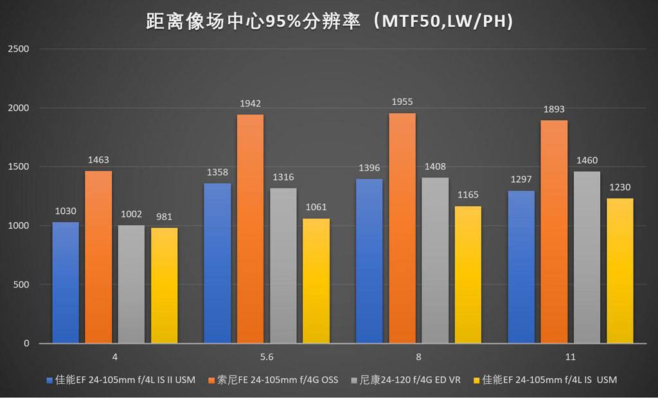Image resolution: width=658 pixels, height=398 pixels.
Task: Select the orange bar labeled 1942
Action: (250, 228)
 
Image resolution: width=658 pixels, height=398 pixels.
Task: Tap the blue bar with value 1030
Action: (66, 283)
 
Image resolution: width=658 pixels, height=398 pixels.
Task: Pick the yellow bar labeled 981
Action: (164, 285)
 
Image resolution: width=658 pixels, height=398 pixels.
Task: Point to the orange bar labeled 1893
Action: (554, 231)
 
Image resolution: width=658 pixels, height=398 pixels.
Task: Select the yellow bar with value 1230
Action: (620, 271)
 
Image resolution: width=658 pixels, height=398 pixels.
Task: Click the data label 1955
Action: (402, 102)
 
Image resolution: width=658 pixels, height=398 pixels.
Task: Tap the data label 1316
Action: (283, 177)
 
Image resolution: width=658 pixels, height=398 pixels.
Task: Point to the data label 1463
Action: (98, 159)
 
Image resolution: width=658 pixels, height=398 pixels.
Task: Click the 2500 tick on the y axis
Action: (20, 49)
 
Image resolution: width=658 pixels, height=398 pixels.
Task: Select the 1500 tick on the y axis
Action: (20, 167)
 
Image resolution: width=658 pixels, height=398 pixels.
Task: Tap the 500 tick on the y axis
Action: (22, 285)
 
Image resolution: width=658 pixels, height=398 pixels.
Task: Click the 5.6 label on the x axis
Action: (267, 356)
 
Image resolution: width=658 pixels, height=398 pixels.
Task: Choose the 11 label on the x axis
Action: (570, 356)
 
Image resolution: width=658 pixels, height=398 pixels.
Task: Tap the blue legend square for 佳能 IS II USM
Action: (50, 380)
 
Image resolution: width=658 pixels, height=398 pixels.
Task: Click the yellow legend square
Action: (476, 380)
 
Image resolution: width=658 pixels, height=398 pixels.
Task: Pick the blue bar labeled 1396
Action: (369, 261)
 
